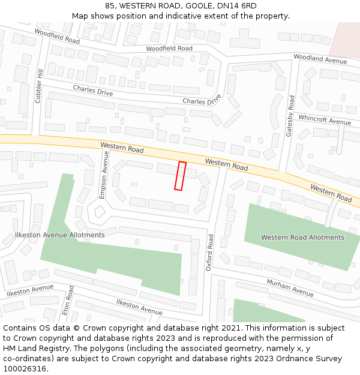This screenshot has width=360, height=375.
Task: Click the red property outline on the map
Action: coord(180,176)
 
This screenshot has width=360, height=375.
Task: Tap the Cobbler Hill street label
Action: coord(38,85)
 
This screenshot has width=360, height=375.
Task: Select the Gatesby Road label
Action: coord(290,116)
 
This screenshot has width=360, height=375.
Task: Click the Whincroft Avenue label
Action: coord(324,120)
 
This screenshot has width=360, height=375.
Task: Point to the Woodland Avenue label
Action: coord(320,59)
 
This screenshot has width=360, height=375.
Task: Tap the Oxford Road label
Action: coord(209,252)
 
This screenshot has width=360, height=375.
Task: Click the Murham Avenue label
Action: coord(290,288)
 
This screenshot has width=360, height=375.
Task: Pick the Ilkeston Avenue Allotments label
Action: coord(59,235)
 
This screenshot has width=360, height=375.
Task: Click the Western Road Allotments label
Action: coord(302,237)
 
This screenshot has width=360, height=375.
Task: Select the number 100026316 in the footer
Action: coord(25,369)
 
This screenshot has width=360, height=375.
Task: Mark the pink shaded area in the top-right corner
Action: coord(346,38)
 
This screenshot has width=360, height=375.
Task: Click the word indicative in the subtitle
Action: coord(188,16)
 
